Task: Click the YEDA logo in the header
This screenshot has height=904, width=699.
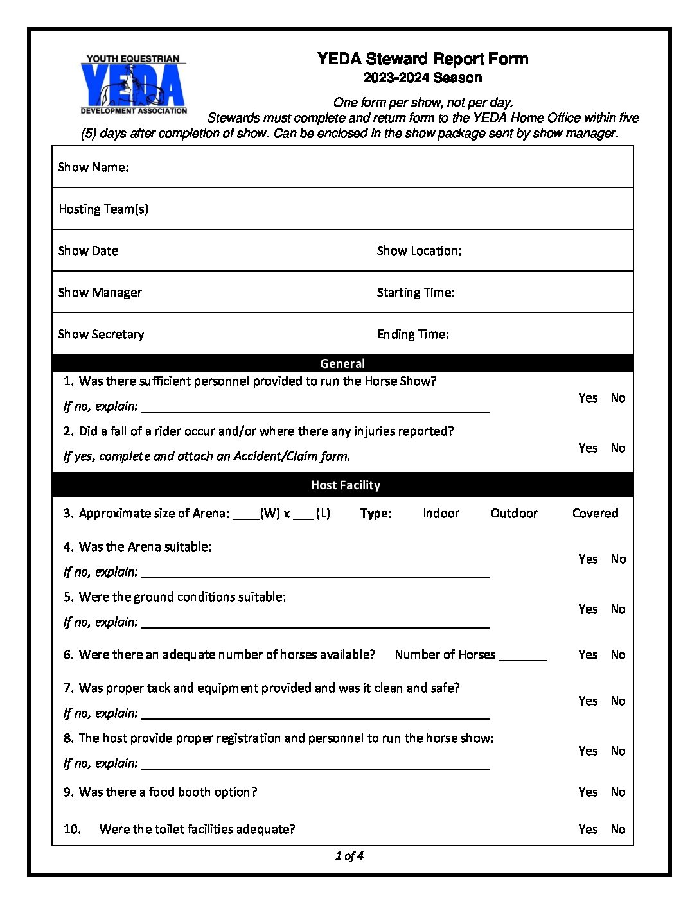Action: pos(134,85)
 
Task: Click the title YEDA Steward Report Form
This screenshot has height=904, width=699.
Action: pos(422,59)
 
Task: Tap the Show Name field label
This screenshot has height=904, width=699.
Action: pos(93,168)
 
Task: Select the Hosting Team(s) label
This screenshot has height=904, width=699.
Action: pos(103,209)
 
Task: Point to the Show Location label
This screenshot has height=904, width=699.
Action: pos(418,251)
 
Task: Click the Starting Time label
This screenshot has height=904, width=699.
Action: pos(415,293)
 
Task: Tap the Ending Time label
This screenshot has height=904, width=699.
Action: pos(413,335)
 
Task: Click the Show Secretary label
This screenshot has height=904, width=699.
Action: pos(101,335)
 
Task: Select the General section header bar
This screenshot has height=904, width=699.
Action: pos(342,363)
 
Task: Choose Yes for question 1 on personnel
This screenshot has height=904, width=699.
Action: pos(587,398)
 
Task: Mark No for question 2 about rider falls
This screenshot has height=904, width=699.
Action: pos(618,448)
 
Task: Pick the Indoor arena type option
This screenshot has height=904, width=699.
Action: pos(441,514)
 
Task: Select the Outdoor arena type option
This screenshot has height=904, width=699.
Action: pos(514,514)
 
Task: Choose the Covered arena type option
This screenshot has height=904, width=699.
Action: pos(595,514)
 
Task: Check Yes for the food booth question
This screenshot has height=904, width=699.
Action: pos(587,792)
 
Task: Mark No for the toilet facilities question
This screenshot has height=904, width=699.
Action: pos(618,830)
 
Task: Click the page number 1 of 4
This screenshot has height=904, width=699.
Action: pos(349,856)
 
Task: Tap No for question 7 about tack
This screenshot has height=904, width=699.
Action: pos(618,701)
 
